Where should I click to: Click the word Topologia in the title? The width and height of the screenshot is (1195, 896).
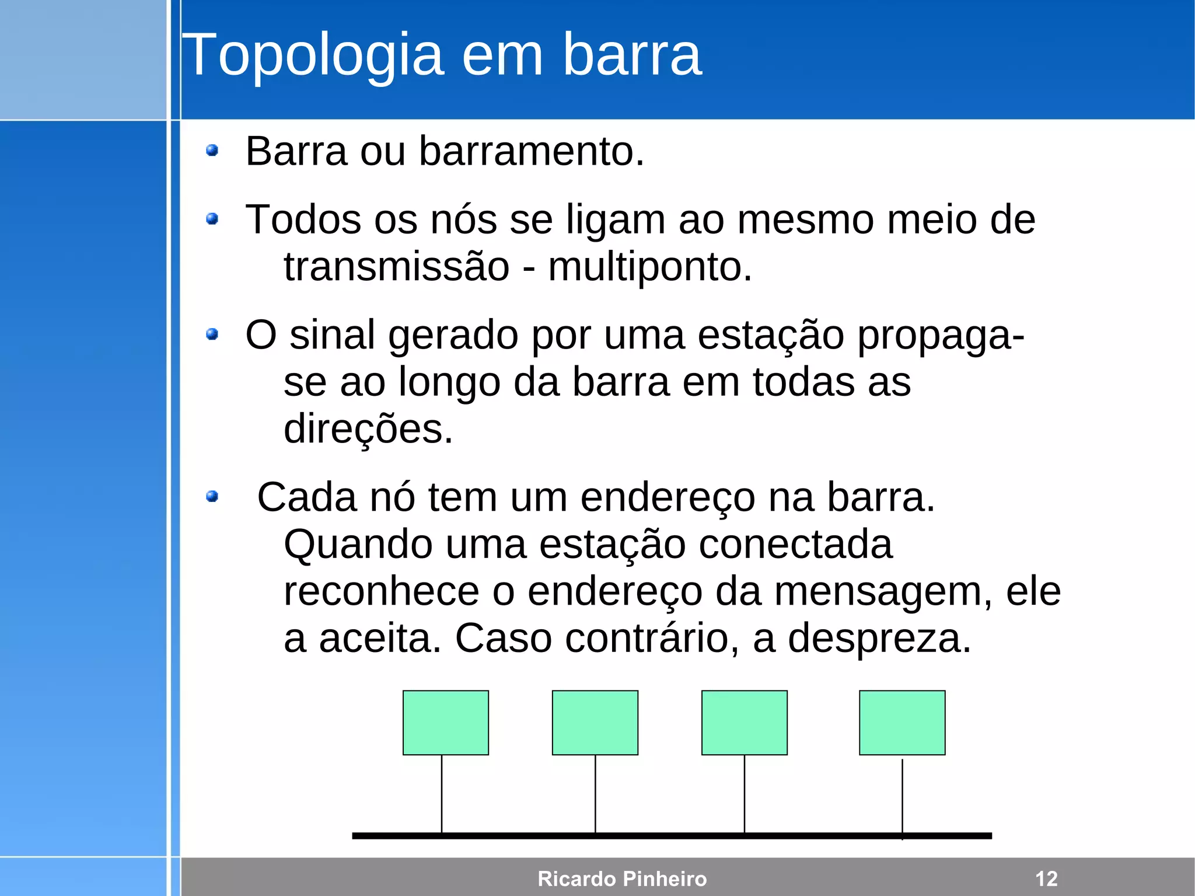point(313,55)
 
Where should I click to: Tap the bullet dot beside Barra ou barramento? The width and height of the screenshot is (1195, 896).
point(212,151)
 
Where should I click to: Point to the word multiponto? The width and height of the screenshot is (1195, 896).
point(649,267)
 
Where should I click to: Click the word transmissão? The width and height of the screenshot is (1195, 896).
point(397,267)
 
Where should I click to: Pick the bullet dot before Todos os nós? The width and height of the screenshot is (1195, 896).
point(212,219)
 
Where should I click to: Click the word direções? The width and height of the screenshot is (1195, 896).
point(368,429)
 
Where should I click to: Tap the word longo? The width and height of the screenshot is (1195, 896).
point(449,382)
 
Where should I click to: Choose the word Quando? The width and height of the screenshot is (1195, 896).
point(358,545)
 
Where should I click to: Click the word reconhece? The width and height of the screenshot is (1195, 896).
point(381,591)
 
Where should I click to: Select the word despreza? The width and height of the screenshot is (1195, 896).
point(879,638)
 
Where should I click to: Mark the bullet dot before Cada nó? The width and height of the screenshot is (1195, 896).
point(212,497)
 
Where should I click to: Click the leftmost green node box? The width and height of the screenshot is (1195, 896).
point(445,723)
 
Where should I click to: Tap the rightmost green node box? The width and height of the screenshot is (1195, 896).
point(902,723)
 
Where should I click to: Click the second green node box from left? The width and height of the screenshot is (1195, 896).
point(595,723)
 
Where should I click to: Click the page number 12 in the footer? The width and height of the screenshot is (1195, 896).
point(1046,878)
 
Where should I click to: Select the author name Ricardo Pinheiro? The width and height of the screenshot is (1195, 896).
point(622,878)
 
